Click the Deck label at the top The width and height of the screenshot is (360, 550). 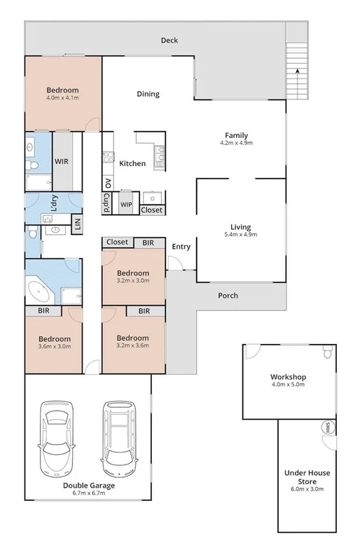pyautogui.click(x=169, y=40)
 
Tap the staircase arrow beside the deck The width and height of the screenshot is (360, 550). pyautogui.click(x=297, y=73)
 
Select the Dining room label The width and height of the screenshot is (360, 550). pyautogui.click(x=148, y=94)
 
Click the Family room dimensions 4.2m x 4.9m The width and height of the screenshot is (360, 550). pyautogui.click(x=236, y=144)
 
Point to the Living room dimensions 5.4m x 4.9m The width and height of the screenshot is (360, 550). pyautogui.click(x=240, y=235)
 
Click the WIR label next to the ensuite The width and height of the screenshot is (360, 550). pyautogui.click(x=62, y=161)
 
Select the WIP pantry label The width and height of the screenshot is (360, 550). pyautogui.click(x=126, y=205)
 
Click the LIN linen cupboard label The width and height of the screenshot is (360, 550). pyautogui.click(x=78, y=224)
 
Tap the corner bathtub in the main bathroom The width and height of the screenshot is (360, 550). pyautogui.click(x=38, y=291)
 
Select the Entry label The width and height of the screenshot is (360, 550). pyautogui.click(x=181, y=246)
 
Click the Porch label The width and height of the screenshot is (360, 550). pyautogui.click(x=228, y=296)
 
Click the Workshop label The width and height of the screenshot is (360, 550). pyautogui.click(x=288, y=377)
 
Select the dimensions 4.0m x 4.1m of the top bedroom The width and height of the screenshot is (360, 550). pyautogui.click(x=62, y=99)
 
